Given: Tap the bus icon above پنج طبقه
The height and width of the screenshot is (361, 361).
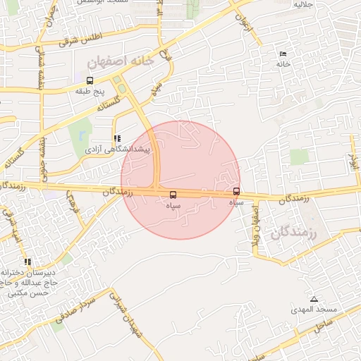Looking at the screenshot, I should [89, 80].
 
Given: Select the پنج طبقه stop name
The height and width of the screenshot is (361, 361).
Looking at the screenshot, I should [90, 91].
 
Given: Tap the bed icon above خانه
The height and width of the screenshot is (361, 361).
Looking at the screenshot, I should [283, 54].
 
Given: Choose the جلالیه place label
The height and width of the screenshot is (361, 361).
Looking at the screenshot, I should [302, 5].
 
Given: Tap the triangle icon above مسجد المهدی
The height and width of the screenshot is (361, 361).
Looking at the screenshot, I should [314, 299].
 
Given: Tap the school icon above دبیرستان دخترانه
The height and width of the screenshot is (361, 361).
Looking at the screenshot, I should [27, 262].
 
